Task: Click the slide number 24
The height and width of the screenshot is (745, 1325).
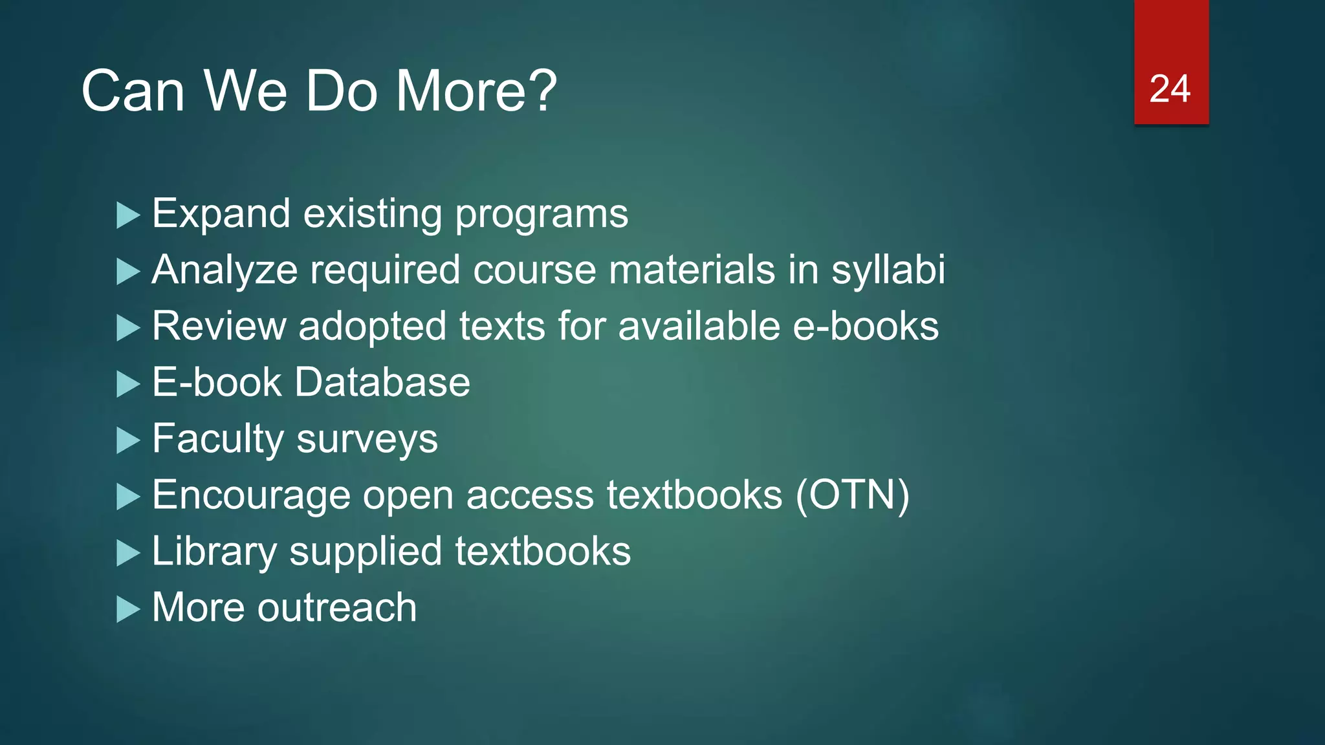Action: [1170, 89]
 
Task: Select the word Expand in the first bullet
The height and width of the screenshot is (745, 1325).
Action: [221, 214]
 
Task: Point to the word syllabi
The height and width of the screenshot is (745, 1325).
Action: [888, 270]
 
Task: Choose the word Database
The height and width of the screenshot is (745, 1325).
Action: [382, 382]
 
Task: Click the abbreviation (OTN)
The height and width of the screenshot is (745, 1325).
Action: [852, 495]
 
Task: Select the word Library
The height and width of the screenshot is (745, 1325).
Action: [214, 552]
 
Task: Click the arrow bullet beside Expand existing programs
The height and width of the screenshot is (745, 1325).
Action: [128, 215]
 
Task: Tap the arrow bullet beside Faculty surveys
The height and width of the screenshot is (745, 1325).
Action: [128, 440]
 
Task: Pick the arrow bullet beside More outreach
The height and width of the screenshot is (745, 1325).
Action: [128, 609]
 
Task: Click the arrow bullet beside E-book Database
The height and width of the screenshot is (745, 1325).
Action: [128, 384]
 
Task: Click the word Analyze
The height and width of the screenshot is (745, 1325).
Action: [224, 270]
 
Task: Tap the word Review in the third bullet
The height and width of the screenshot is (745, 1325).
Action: [219, 326]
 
